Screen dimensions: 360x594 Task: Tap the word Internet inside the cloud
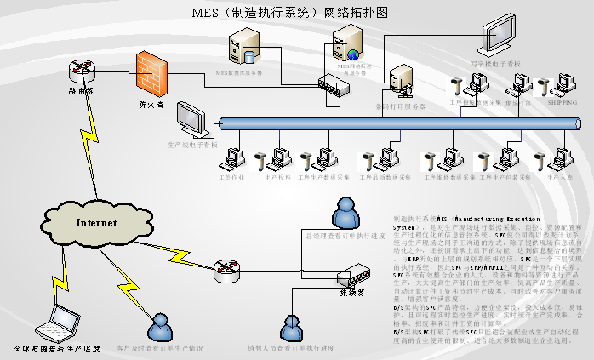coord(96,223)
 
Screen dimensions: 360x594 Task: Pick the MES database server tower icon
coord(245,47)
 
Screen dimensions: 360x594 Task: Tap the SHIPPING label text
coord(561,101)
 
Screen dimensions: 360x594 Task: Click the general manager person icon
coord(346,214)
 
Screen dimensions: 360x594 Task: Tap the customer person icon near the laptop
coord(159,328)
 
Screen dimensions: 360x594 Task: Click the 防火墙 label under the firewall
coord(151,105)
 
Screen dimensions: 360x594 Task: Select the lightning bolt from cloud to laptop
coord(54,271)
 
